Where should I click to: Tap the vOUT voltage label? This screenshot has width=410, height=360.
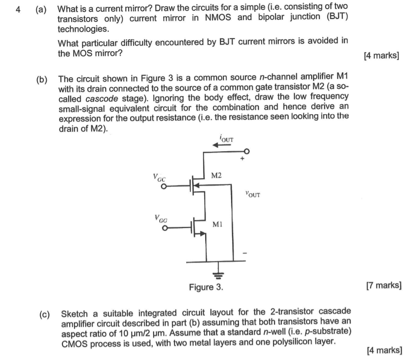(253, 195)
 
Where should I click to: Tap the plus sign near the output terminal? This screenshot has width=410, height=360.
(241, 159)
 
